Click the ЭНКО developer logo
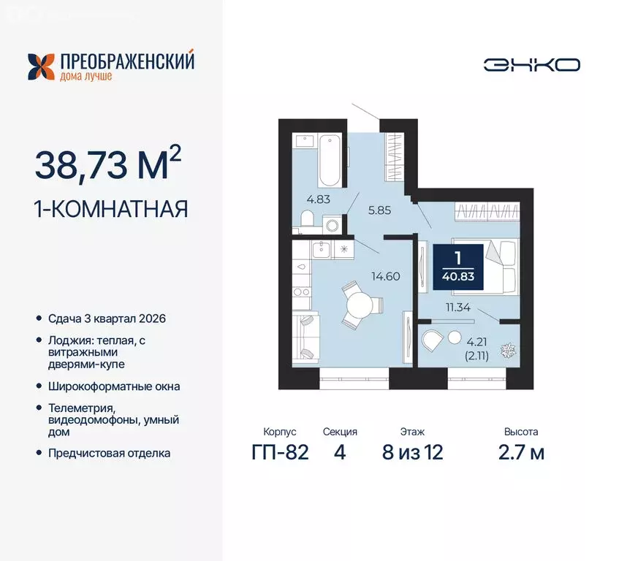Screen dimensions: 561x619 point(531,64)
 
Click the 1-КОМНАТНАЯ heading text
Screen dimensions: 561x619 point(112,210)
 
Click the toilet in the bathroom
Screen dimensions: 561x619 point(308,219)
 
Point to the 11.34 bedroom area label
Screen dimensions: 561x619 point(459,308)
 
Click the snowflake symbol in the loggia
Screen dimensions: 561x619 point(506,351)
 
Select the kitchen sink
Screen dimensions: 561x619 point(320,251)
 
